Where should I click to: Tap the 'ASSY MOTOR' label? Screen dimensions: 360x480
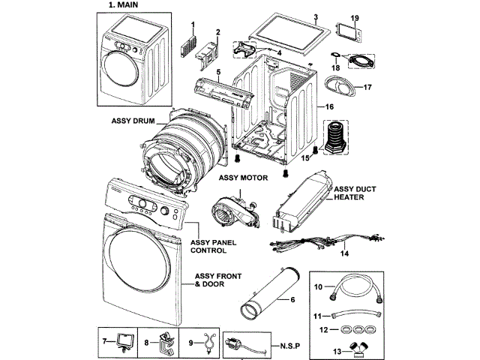coord(244,178)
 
